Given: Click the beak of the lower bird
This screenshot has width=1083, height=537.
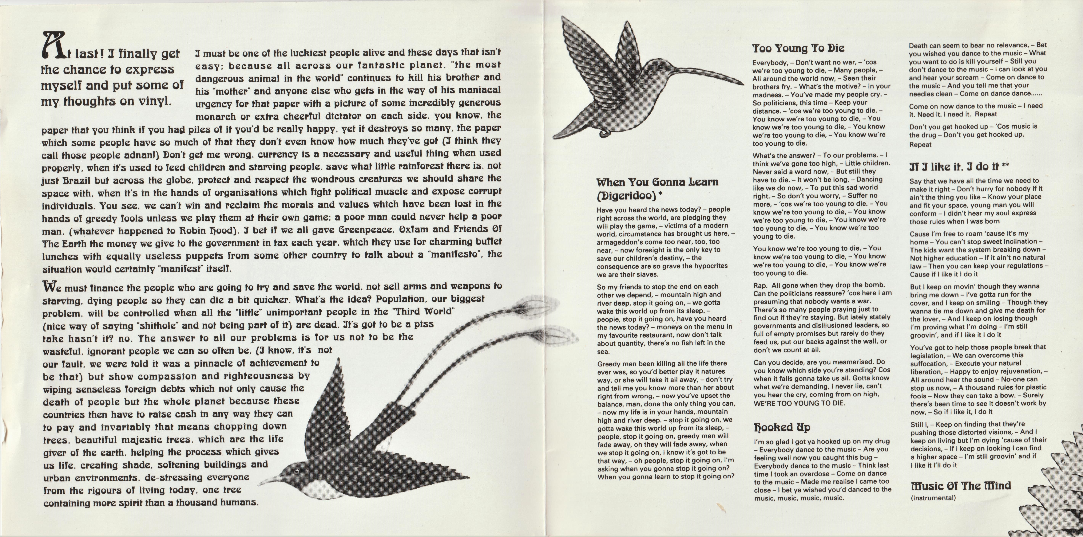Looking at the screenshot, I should point(269,479).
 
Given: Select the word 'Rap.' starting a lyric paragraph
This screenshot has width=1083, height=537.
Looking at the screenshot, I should point(760,285).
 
